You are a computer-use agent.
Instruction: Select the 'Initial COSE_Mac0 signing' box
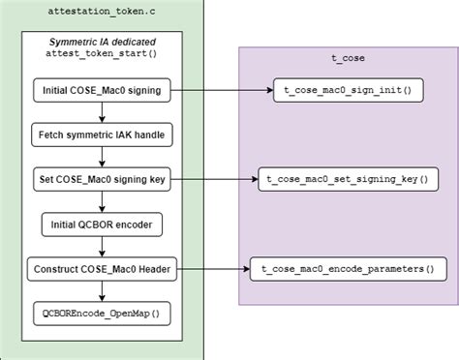pyautogui.click(x=102, y=91)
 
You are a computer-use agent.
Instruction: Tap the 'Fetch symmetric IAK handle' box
pyautogui.click(x=102, y=135)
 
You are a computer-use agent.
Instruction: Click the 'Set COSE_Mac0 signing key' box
pyautogui.click(x=102, y=180)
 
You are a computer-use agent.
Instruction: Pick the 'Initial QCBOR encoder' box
pyautogui.click(x=102, y=225)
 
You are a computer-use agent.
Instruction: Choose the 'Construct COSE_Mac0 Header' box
pyautogui.click(x=102, y=269)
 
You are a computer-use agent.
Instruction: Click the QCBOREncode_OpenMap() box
pyautogui.click(x=102, y=314)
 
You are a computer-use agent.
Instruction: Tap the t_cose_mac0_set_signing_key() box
pyautogui.click(x=349, y=180)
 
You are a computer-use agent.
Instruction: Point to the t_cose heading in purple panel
pyautogui.click(x=348, y=57)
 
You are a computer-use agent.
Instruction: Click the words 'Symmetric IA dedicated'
pyautogui.click(x=102, y=43)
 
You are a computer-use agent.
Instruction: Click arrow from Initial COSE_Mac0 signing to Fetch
pyautogui.click(x=102, y=113)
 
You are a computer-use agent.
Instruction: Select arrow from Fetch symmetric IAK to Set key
pyautogui.click(x=102, y=158)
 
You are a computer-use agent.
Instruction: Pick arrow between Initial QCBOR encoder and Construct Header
pyautogui.click(x=102, y=247)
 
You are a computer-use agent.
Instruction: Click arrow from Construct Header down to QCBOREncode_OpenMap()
pyautogui.click(x=102, y=291)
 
